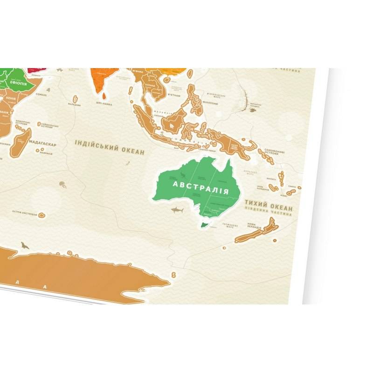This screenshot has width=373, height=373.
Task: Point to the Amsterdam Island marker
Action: tap(41, 215)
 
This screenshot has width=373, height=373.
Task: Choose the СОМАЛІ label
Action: tap(41, 95)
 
